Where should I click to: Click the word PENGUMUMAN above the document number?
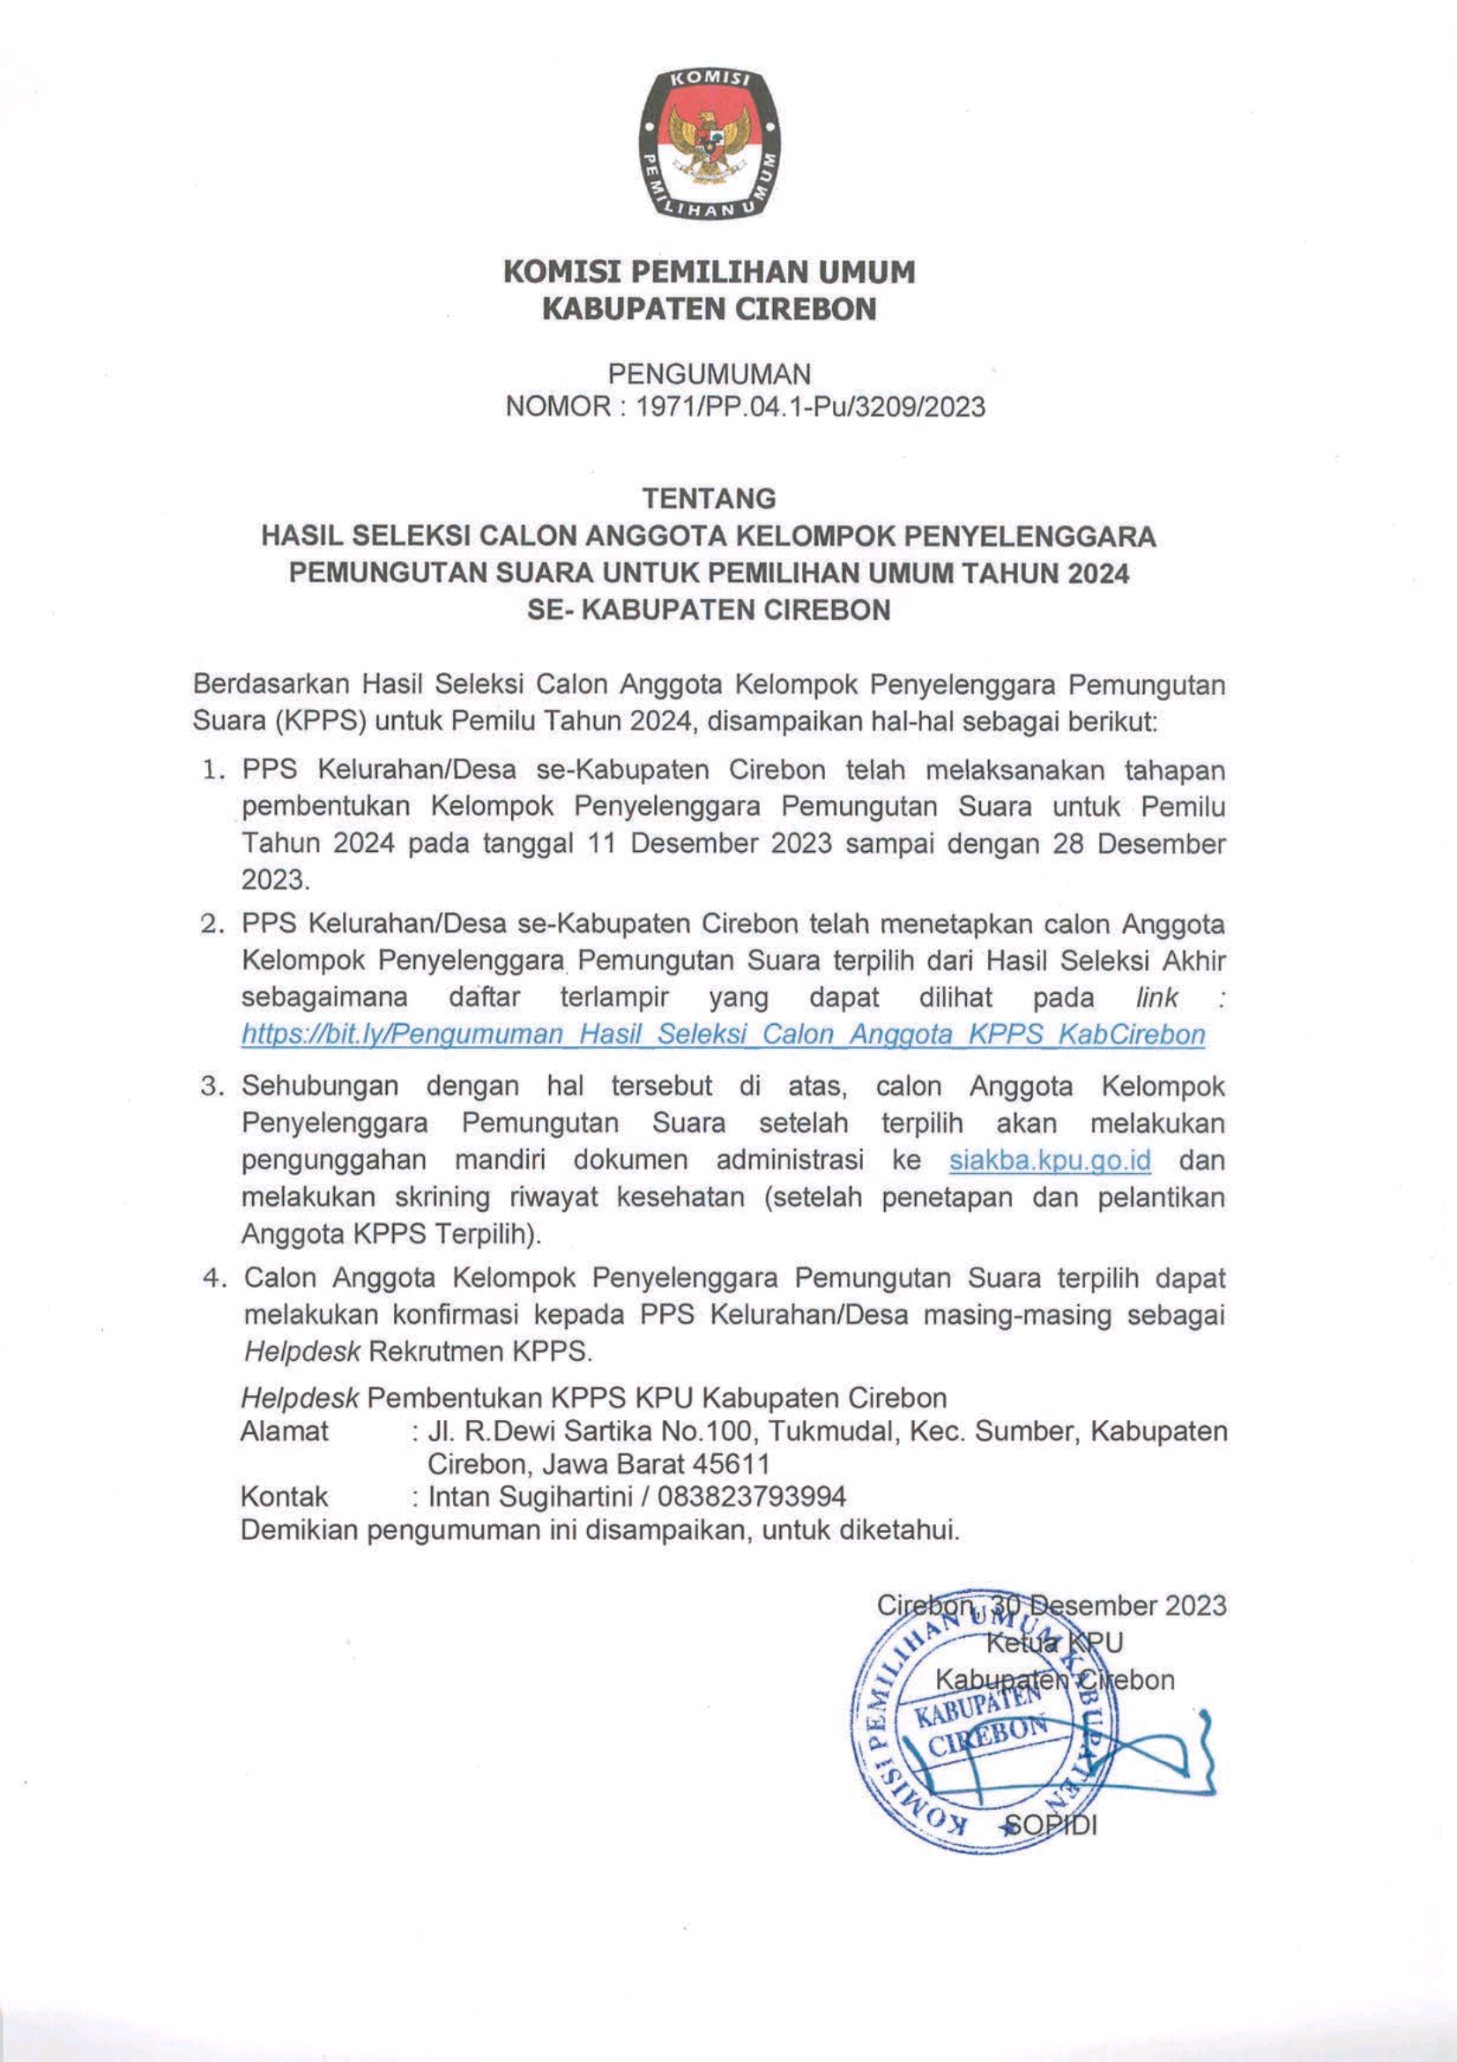(x=710, y=373)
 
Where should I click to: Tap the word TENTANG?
(x=710, y=497)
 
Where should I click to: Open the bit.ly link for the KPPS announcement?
(x=723, y=1035)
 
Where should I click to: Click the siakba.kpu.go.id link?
(x=1050, y=1161)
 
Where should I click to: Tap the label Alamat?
(x=285, y=1431)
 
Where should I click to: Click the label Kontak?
(x=284, y=1496)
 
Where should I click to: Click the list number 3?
(x=211, y=1087)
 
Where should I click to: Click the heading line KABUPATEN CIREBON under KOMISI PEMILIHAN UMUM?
(x=710, y=309)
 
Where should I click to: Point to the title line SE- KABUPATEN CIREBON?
(x=710, y=610)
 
